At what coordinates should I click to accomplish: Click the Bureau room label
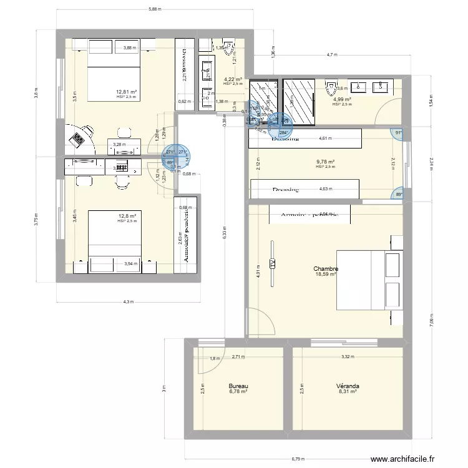tap(238, 386)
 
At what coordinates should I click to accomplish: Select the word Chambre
tap(325, 268)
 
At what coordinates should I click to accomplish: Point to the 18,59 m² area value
tap(325, 274)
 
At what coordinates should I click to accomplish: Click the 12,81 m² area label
tap(126, 92)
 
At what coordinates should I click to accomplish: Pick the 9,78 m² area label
tap(325, 162)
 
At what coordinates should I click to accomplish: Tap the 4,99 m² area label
tap(341, 99)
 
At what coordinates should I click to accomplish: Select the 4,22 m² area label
tap(232, 79)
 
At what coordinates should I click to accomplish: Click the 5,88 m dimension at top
tap(155, 9)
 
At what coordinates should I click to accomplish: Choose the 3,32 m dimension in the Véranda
tap(348, 358)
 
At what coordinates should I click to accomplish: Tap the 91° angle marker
tap(398, 132)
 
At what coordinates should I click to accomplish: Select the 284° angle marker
tap(283, 132)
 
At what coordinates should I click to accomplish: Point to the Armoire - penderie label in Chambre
tap(310, 215)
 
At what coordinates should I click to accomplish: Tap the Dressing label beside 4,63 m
tap(285, 190)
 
